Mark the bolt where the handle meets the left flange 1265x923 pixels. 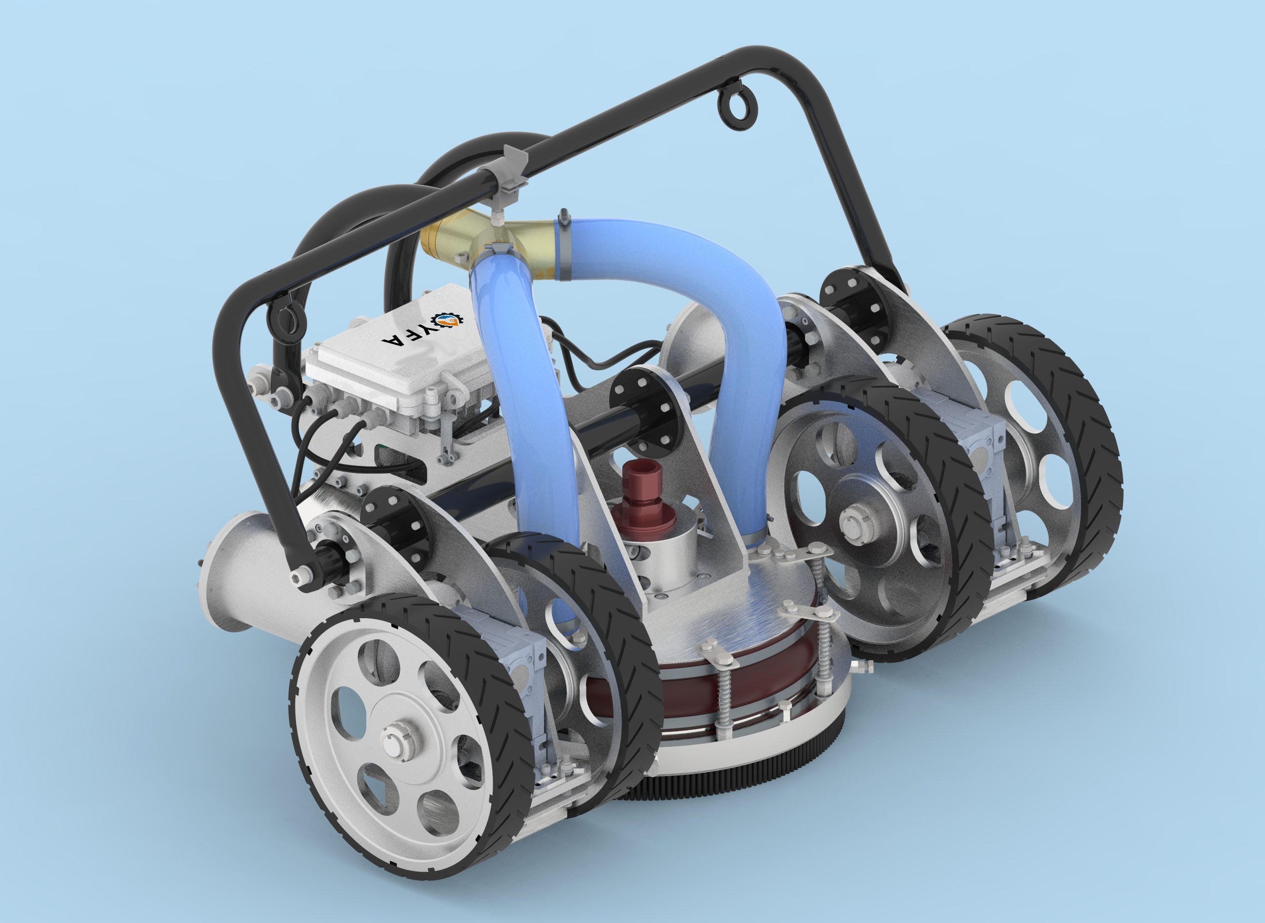303,573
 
